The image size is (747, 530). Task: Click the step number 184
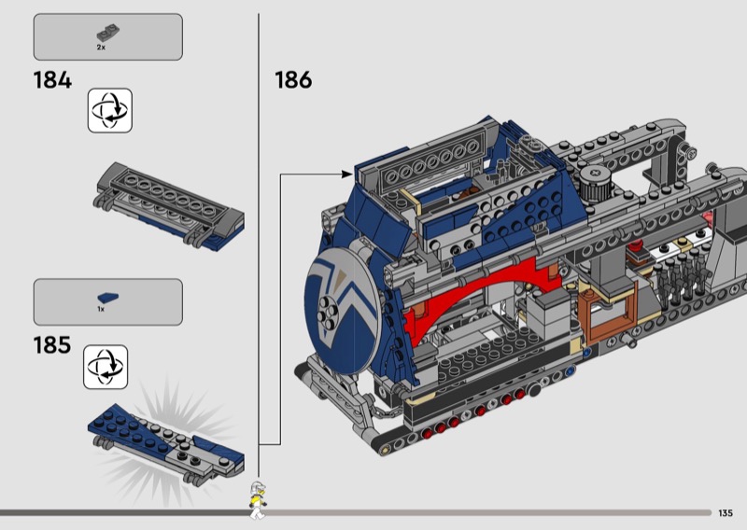pos(52,80)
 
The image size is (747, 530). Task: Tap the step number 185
pos(52,345)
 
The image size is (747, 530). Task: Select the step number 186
pos(293,80)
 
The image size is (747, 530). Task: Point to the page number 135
pos(726,513)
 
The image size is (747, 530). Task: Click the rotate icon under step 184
pos(110,110)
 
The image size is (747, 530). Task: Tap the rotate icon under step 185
pos(106,367)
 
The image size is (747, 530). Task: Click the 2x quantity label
pos(101,48)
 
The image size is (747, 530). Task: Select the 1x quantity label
pos(101,309)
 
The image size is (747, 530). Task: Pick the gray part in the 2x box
pos(108,34)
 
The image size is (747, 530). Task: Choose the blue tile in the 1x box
pos(108,298)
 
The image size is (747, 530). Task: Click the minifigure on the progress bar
pos(258,500)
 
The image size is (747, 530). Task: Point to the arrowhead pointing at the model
pos(347,174)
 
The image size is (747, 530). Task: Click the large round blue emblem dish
pos(342,311)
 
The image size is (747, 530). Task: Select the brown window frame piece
pos(608,311)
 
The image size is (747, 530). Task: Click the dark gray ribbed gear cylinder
pos(594,184)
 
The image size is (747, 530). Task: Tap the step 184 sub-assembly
pos(169,206)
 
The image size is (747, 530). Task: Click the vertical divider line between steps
pos(259,245)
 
